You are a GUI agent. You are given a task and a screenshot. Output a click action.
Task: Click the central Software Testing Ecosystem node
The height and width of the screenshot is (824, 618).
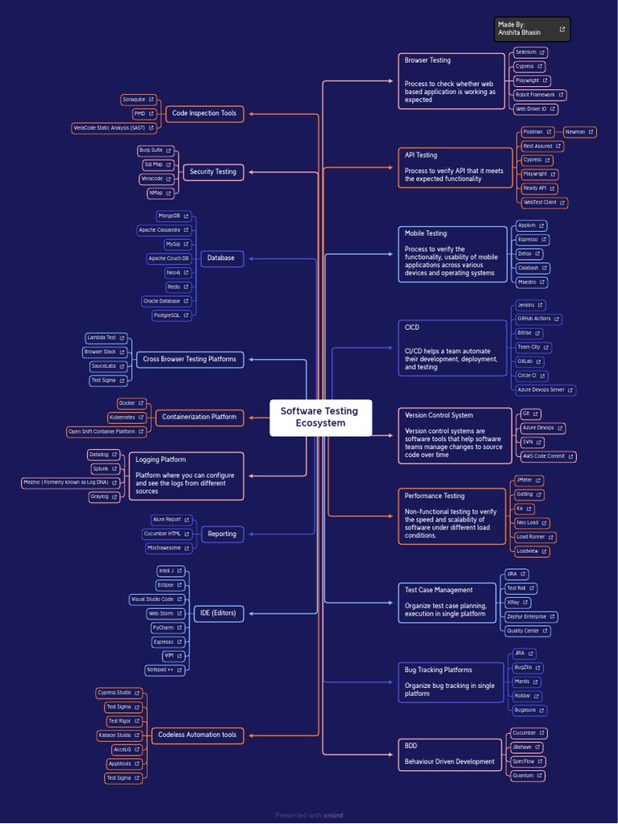point(319,417)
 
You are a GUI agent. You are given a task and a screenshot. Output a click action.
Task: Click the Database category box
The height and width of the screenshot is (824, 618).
point(220,258)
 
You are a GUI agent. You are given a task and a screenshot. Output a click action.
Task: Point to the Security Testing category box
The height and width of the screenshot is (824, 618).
point(212,171)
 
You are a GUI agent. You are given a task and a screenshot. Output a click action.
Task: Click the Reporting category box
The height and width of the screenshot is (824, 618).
point(222,534)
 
